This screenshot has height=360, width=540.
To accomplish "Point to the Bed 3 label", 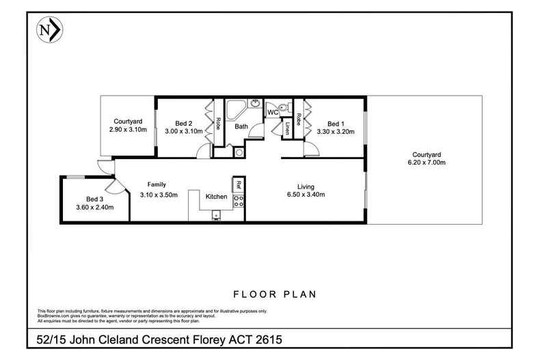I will point(85,199).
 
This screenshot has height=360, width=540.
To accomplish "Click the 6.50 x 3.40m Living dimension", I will point(306,195).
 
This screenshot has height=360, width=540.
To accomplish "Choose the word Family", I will point(157,184).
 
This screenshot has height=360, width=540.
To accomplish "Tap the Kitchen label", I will point(217,197).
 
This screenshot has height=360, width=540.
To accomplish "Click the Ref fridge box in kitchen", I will point(239,184).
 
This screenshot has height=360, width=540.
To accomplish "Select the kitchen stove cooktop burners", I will point(239,200).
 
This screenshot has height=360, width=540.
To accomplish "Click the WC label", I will point(272,112).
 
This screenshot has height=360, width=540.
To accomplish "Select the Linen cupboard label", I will point(288,128).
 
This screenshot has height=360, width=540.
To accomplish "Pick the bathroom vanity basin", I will point(255,104).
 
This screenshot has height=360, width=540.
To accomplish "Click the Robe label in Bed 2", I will point(217,124).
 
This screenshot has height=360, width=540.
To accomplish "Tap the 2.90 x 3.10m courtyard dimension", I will point(128,129).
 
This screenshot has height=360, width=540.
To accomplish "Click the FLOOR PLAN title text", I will point(273,295).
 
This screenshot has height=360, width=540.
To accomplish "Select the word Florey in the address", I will point(196,339).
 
